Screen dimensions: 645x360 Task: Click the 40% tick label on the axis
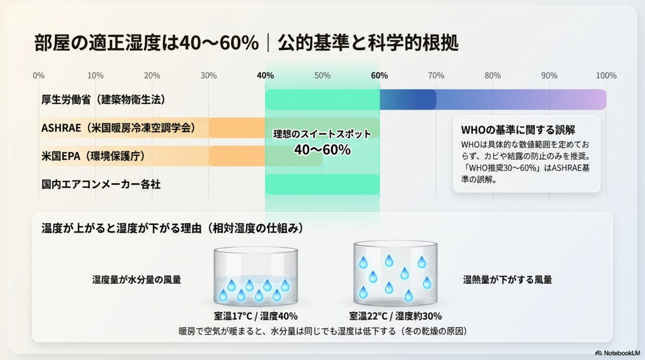[265, 76]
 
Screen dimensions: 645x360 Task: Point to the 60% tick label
[379, 76]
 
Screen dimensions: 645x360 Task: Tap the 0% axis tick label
[39, 76]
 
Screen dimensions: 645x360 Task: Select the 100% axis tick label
[606, 76]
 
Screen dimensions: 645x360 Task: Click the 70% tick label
[436, 76]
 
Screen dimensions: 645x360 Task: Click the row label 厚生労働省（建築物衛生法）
[103, 99]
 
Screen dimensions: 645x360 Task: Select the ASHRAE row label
[118, 128]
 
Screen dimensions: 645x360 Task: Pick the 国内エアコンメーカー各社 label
[101, 184]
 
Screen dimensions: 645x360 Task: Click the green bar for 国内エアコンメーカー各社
[322, 184]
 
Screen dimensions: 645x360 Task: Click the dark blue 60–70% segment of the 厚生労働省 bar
[408, 99]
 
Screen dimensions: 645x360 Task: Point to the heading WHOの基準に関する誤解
[518, 130]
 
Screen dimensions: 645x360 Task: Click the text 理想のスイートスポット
[322, 134]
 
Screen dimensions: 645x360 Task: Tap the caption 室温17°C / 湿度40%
[256, 316]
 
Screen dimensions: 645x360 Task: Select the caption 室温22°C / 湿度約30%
[395, 316]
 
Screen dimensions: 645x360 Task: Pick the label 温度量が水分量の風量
[137, 279]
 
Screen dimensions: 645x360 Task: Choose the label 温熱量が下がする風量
[507, 279]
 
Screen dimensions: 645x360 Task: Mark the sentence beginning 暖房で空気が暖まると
[323, 331]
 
